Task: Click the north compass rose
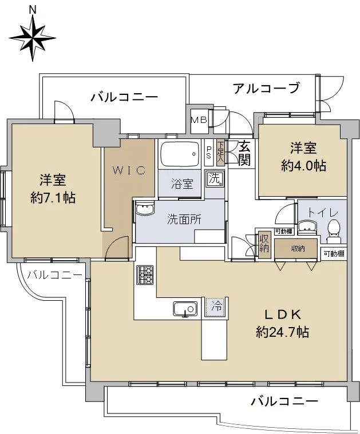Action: click(x=33, y=38)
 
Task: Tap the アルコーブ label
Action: click(x=266, y=88)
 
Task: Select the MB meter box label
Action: click(x=199, y=120)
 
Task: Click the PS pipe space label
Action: click(x=209, y=153)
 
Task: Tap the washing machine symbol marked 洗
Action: click(x=215, y=178)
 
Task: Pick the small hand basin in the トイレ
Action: click(x=307, y=228)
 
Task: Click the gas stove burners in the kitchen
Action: click(x=145, y=275)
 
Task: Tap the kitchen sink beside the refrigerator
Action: click(x=185, y=309)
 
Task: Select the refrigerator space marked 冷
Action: click(x=216, y=306)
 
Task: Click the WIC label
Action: click(x=129, y=170)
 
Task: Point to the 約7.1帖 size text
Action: click(x=53, y=198)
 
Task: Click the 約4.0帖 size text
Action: click(x=303, y=165)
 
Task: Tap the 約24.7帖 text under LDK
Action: click(x=282, y=332)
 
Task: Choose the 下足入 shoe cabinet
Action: click(x=220, y=153)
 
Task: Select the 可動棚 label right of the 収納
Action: click(x=334, y=253)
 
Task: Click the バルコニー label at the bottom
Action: click(x=284, y=401)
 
